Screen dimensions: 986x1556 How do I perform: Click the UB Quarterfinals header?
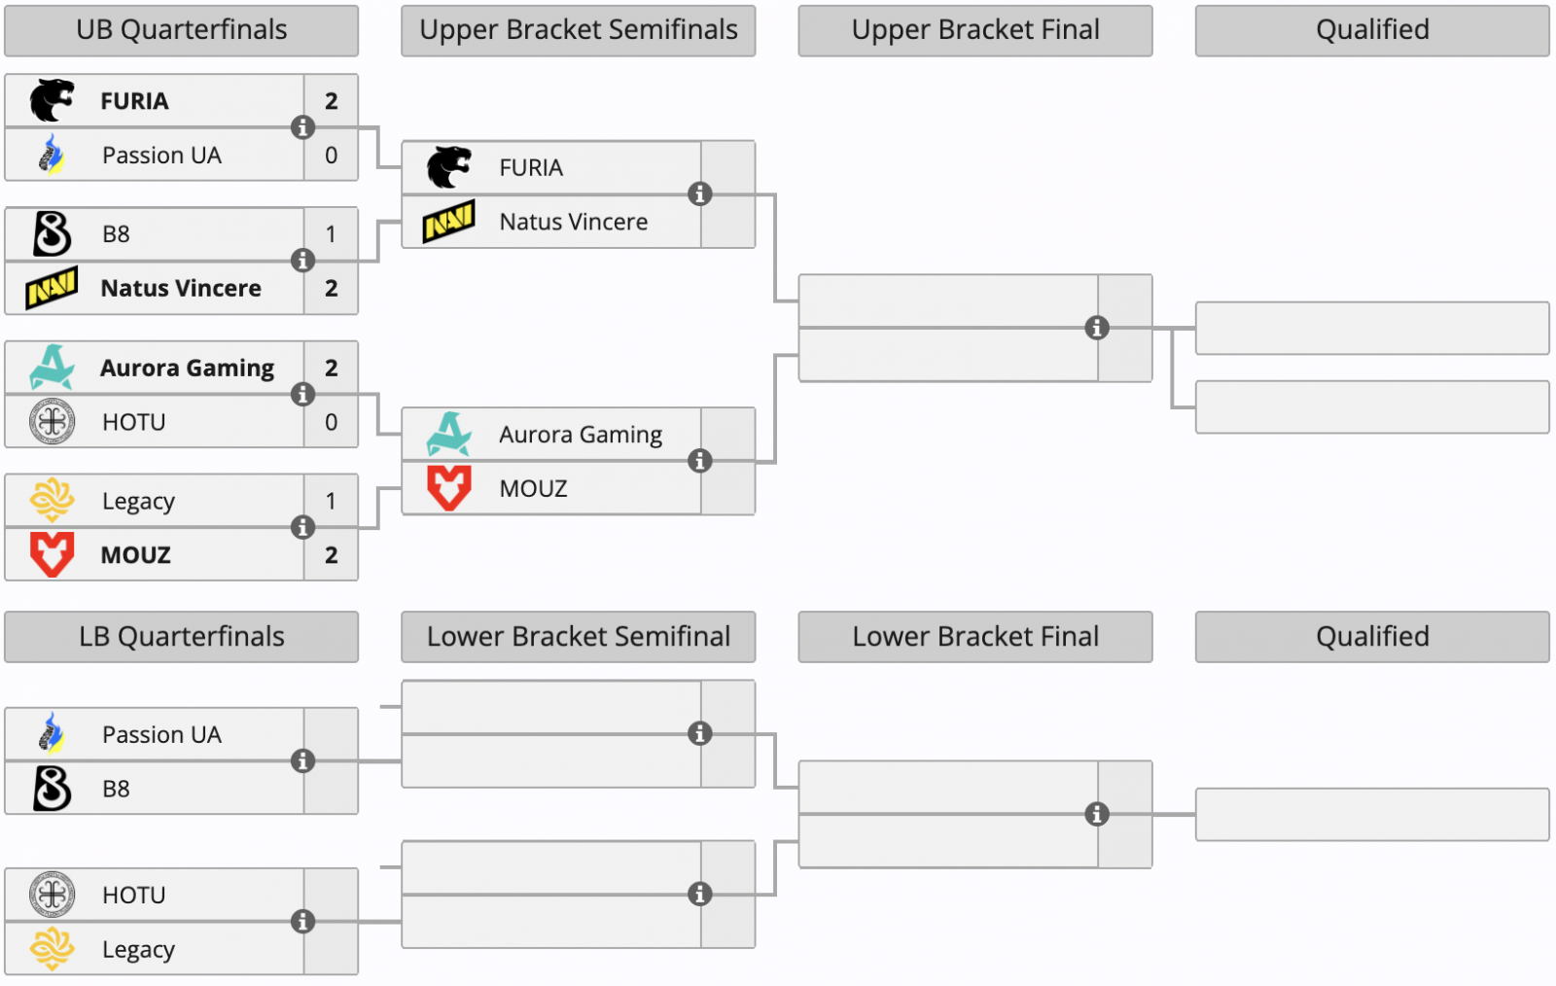click(182, 30)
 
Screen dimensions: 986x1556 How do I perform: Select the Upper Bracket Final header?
click(975, 30)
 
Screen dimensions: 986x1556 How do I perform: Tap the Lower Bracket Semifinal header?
click(579, 637)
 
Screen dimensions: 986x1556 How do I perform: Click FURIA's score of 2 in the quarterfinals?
click(332, 101)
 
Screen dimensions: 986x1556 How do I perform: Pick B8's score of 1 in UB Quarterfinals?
click(332, 234)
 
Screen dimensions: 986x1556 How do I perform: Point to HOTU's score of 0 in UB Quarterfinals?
click(332, 422)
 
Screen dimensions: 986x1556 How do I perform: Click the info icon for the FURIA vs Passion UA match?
click(303, 127)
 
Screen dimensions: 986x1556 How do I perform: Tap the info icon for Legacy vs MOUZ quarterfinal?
click(303, 527)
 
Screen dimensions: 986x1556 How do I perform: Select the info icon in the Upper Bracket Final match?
click(1097, 328)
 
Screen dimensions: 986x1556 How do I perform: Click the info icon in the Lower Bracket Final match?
click(1097, 814)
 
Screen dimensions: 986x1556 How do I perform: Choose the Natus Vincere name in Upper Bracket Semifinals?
click(574, 222)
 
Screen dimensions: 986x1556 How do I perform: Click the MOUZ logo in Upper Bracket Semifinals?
click(449, 488)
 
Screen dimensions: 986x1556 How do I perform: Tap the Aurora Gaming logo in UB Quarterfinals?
click(53, 368)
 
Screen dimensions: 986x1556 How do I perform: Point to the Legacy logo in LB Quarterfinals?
click(53, 949)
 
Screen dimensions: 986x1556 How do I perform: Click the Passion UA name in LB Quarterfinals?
click(161, 735)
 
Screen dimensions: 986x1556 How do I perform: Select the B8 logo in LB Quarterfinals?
click(53, 789)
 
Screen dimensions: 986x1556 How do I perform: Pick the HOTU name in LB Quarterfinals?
click(134, 896)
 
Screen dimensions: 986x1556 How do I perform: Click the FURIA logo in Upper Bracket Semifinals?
click(449, 167)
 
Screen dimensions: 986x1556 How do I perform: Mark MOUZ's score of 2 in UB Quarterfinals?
click(332, 555)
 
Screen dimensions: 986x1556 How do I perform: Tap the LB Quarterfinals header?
click(182, 637)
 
